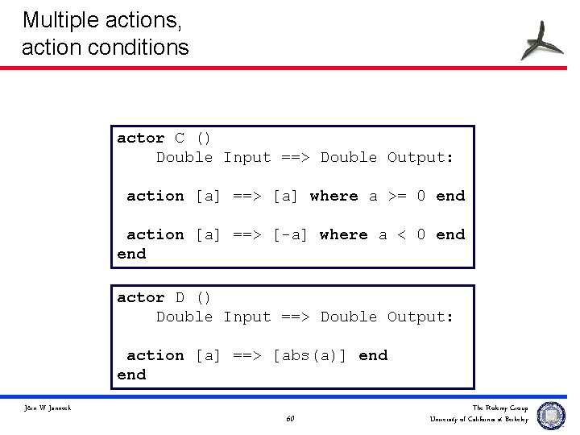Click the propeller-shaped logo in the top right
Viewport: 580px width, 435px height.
541,39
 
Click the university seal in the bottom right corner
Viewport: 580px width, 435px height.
551,415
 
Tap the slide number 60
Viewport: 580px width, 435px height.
290,419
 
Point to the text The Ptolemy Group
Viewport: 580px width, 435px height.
500,408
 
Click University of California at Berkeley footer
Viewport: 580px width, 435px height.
479,419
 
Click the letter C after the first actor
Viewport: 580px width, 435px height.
180,139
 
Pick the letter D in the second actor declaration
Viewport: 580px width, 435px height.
180,298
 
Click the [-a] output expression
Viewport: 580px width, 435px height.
290,234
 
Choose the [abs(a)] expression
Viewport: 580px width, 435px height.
309,355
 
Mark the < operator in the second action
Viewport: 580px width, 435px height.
402,234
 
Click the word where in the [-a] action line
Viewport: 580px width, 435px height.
343,234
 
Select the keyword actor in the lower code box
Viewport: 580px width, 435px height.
140,298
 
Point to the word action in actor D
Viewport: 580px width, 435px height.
155,355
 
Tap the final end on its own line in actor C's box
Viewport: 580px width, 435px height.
131,255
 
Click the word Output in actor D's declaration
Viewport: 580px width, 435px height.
420,317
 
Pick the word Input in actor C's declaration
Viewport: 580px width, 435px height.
246,158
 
